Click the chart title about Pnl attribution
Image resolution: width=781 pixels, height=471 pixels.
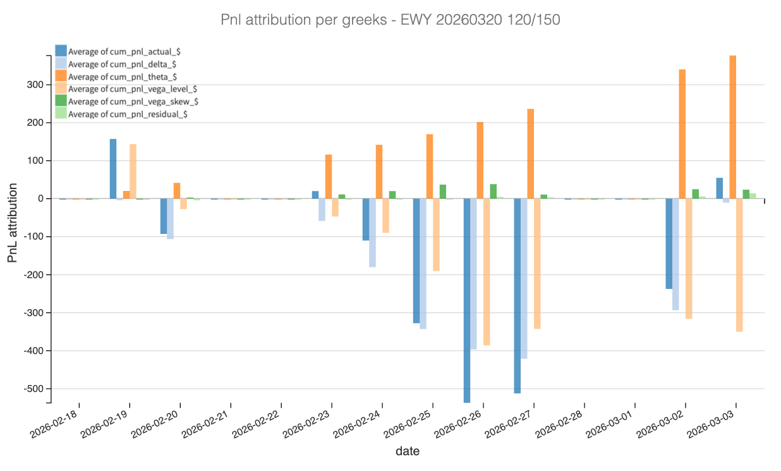(x=390, y=20)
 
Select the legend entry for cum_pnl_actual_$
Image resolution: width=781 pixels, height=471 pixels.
(x=120, y=51)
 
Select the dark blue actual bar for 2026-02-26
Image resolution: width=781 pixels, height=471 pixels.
(x=467, y=300)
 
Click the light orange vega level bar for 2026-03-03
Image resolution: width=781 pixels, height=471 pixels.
(x=739, y=265)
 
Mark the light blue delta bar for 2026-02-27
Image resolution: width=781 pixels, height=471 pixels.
(x=524, y=278)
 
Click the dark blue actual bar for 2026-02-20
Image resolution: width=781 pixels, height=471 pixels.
(x=164, y=216)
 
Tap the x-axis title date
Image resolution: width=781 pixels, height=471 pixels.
(x=407, y=451)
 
